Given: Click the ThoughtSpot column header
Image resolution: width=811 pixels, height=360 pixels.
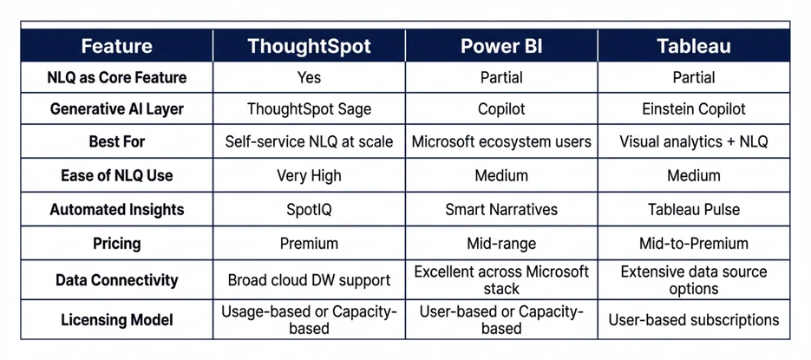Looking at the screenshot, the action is [309, 46].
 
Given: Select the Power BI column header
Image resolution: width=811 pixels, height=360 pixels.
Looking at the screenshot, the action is [501, 46].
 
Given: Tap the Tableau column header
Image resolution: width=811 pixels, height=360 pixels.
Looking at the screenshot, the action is [694, 46].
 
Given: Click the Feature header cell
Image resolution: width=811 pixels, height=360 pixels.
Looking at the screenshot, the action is [116, 46].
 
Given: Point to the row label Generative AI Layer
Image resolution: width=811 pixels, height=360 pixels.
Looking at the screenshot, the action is [116, 109].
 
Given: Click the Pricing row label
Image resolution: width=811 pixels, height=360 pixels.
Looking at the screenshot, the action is [116, 243].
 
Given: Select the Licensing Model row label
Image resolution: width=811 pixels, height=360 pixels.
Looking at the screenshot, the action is [116, 319].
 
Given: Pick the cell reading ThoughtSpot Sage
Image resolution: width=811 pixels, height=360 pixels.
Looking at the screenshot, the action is [309, 109].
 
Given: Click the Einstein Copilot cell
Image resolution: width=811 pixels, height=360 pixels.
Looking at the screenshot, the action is [694, 109].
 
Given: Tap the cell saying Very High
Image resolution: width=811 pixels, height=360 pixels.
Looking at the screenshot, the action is [309, 175].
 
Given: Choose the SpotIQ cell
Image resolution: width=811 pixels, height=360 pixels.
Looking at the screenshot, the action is [309, 209].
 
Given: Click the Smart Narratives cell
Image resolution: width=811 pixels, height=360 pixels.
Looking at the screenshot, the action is [501, 209].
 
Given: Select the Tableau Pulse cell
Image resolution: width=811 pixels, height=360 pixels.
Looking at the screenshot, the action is [694, 209].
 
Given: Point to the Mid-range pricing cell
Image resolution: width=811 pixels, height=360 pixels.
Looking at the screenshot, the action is [501, 243].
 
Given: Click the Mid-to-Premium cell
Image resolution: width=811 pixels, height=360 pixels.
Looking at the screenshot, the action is [694, 243].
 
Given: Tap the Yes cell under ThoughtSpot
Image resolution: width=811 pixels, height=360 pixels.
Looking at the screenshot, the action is [309, 77].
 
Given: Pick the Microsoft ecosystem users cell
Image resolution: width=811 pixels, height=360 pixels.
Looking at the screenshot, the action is [501, 141].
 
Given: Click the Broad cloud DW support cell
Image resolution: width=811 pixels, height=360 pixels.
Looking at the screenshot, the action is [309, 280].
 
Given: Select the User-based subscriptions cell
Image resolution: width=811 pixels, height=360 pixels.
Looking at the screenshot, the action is [694, 319].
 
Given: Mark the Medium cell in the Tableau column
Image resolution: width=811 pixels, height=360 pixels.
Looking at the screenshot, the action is [694, 175].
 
